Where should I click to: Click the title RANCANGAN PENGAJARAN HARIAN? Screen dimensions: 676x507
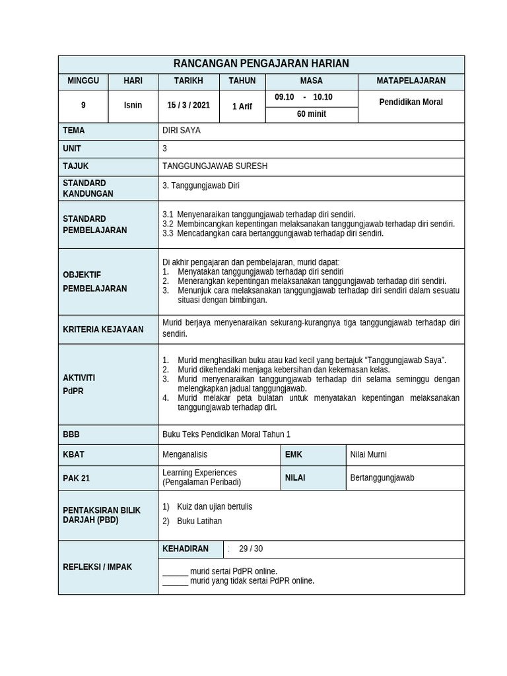click(261, 64)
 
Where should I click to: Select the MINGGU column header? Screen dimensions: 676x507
click(83, 81)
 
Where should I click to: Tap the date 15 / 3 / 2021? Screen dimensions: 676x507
click(188, 106)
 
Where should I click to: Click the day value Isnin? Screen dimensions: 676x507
click(133, 106)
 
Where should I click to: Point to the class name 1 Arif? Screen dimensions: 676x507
click(242, 106)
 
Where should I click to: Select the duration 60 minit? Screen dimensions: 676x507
click(312, 114)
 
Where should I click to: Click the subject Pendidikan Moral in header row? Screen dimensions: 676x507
click(411, 102)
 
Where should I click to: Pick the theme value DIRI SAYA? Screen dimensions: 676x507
click(182, 131)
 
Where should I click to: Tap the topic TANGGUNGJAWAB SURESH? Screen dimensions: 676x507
click(215, 166)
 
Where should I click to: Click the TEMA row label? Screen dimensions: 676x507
click(74, 131)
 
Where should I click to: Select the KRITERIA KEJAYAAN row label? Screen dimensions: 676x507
click(103, 329)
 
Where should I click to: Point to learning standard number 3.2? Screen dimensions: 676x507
click(168, 224)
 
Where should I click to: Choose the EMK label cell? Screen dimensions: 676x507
click(294, 454)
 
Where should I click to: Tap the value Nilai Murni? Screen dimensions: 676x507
click(368, 454)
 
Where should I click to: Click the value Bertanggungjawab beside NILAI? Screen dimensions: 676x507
click(382, 478)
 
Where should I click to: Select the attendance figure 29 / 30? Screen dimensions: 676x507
click(251, 549)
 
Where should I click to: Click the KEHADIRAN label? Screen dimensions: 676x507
click(186, 549)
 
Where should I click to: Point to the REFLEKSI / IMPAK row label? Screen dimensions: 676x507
click(97, 568)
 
